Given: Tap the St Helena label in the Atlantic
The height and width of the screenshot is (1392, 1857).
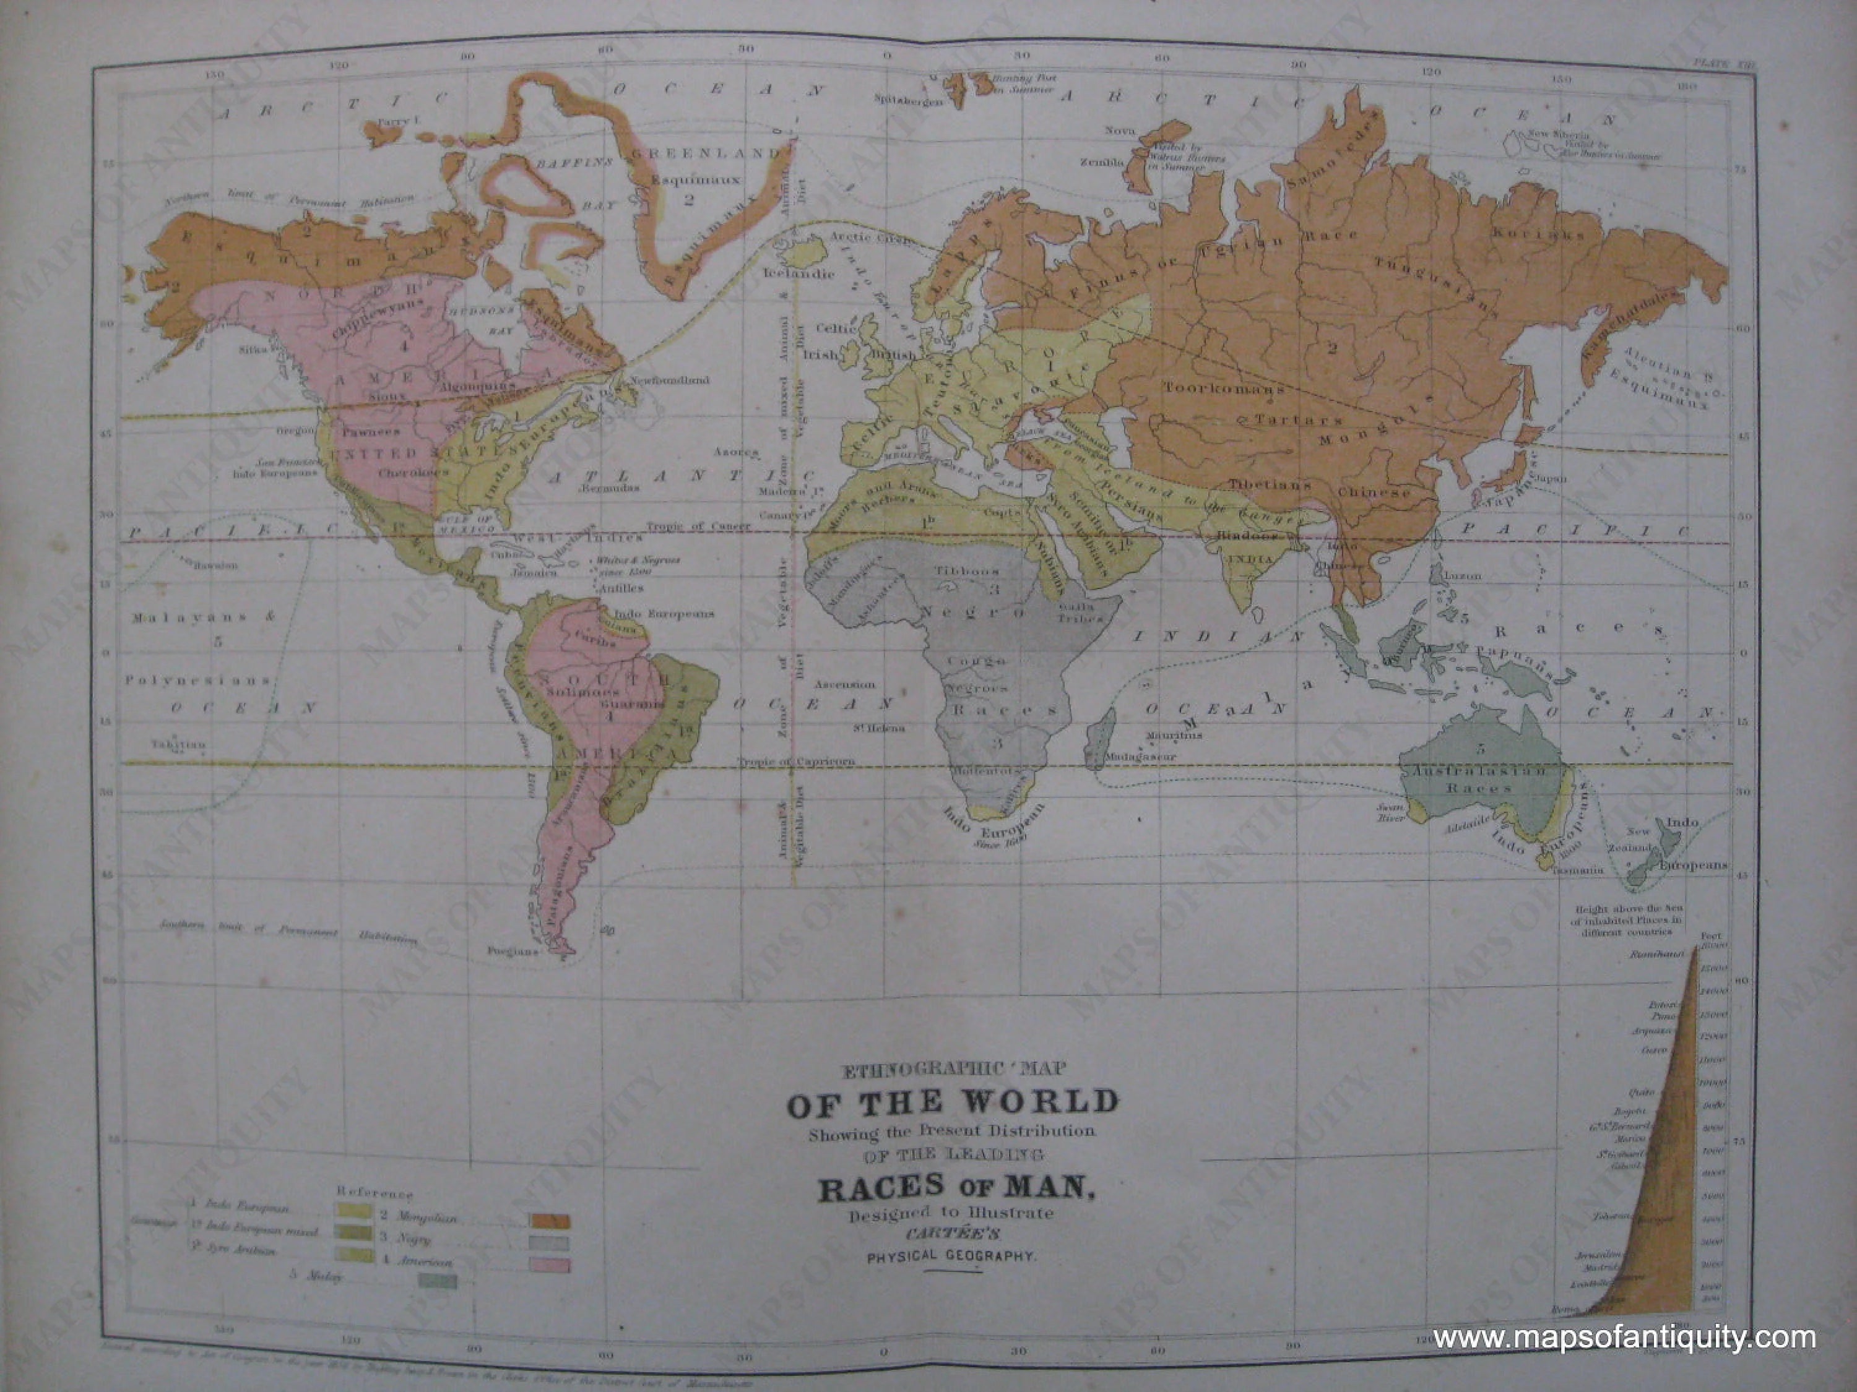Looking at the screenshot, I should [x=880, y=728].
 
